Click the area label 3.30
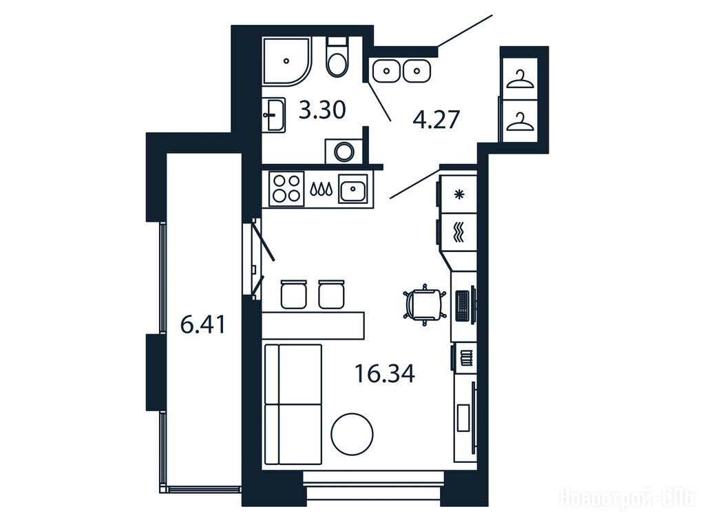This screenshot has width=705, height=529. pos(322,110)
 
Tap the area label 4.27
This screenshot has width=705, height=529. pos(436,120)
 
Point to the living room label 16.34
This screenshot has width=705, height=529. pos(385,373)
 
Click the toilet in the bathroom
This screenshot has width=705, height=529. pos(337,59)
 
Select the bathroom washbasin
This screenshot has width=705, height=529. pos(274,115)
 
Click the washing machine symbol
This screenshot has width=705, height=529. pos(344,151)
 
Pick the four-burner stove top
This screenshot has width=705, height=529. pos(287,189)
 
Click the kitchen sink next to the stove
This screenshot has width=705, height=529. pos(353,187)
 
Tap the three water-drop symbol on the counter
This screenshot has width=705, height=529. pos(322,189)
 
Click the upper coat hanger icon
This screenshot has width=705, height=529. pos(519,80)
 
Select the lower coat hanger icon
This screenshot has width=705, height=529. pos(519,122)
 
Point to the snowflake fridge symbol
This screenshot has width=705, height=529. pos(459,194)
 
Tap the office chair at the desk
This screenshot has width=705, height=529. pos(425,304)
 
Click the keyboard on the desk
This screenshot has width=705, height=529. pos(462,306)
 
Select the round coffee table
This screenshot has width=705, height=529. pos(352,435)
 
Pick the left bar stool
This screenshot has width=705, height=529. pos(293,294)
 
